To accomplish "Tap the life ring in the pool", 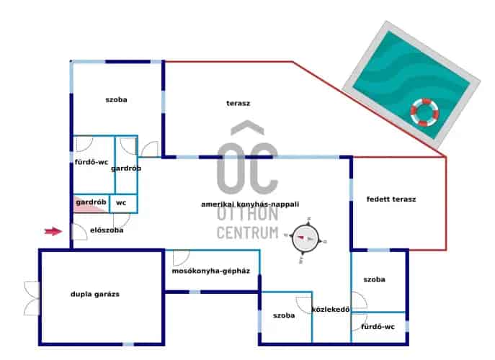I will [424, 112].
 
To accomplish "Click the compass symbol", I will [306, 237].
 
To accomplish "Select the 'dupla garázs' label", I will [94, 294].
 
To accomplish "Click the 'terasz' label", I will [238, 103].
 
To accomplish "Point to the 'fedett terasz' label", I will [391, 199].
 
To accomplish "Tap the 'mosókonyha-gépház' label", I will [210, 271].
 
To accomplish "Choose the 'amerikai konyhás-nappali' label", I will [249, 204].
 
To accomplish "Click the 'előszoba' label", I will [107, 230].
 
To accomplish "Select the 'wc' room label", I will [121, 203].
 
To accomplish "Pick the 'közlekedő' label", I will [330, 310].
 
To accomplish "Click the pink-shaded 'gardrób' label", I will [91, 202].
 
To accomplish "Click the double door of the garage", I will [31, 298].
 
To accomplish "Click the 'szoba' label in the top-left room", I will [116, 99].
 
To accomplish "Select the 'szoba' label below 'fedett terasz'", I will [374, 279].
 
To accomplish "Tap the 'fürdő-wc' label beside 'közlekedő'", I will [378, 328].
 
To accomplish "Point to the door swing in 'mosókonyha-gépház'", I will [179, 258].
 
